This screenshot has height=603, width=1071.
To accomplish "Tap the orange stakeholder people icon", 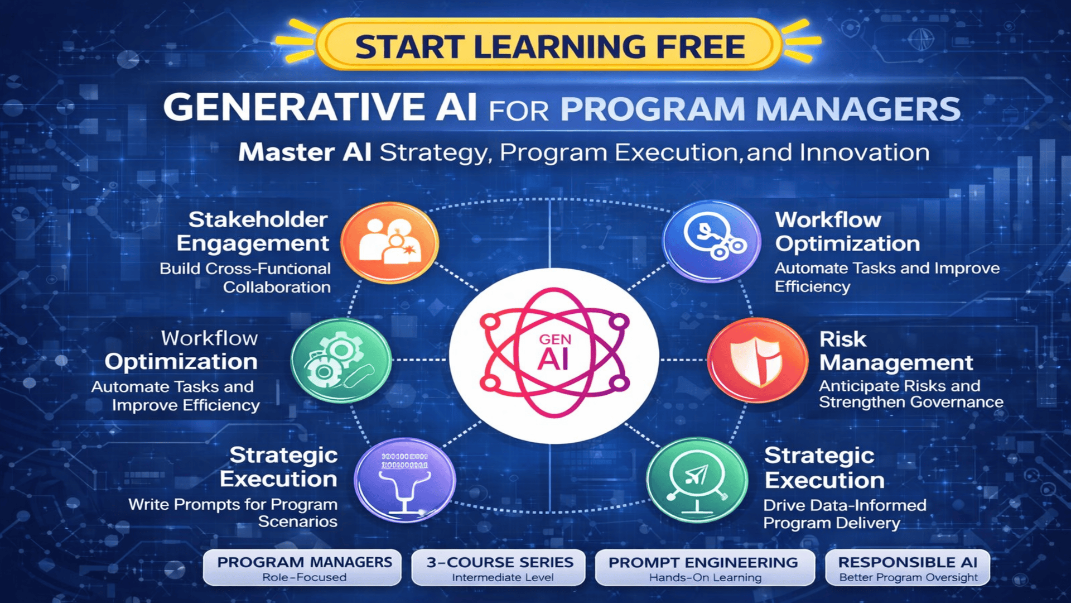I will pyautogui.click(x=389, y=242).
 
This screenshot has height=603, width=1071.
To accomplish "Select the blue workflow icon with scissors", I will pyautogui.click(x=711, y=241).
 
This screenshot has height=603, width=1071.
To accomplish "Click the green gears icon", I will pyautogui.click(x=341, y=360).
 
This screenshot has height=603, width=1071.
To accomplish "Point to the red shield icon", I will pyautogui.click(x=757, y=360).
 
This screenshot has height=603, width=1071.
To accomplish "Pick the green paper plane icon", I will pyautogui.click(x=697, y=480).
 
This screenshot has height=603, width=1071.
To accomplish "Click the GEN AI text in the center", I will pyautogui.click(x=554, y=353).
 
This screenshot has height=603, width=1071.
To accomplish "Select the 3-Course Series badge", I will pyautogui.click(x=499, y=568).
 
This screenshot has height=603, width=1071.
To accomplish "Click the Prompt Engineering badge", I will pyautogui.click(x=704, y=568).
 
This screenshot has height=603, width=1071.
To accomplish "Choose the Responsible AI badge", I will pyautogui.click(x=908, y=568).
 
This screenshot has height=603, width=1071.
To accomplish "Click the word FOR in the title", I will pyautogui.click(x=519, y=111).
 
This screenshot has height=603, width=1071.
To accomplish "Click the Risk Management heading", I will pyautogui.click(x=895, y=351).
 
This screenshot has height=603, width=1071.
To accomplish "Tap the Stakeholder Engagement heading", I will pyautogui.click(x=254, y=231).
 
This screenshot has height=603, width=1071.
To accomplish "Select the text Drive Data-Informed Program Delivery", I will pyautogui.click(x=844, y=514).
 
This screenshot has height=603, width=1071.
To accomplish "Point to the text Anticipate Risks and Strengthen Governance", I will pyautogui.click(x=910, y=394).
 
